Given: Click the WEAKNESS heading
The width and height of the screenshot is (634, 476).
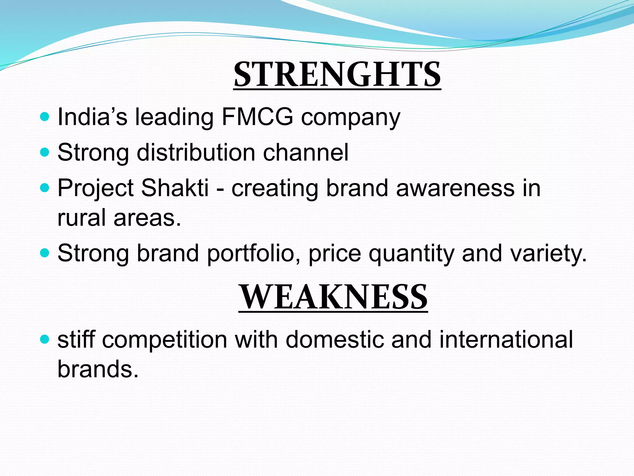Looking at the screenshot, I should click(x=333, y=297).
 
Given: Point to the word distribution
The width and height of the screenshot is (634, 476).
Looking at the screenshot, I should click(x=196, y=152).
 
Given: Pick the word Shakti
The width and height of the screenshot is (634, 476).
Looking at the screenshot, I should click(x=175, y=188).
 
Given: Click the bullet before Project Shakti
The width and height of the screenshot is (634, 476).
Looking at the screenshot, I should click(x=45, y=188).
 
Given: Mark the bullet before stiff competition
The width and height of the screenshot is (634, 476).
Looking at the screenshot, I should click(x=45, y=339).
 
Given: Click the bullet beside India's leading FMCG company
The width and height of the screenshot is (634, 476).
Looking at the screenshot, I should click(x=45, y=117).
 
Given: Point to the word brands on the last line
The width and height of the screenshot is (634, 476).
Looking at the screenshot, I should click(x=98, y=369).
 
